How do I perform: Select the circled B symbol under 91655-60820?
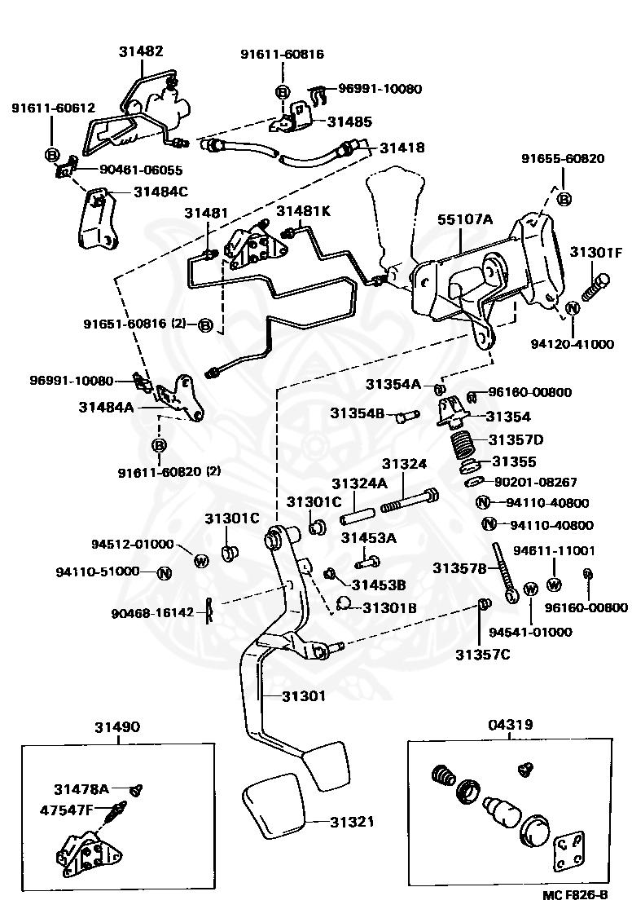point(564,198)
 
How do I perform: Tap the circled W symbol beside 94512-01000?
point(201,559)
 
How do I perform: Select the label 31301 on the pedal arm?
point(304,696)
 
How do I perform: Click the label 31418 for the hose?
point(402,148)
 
